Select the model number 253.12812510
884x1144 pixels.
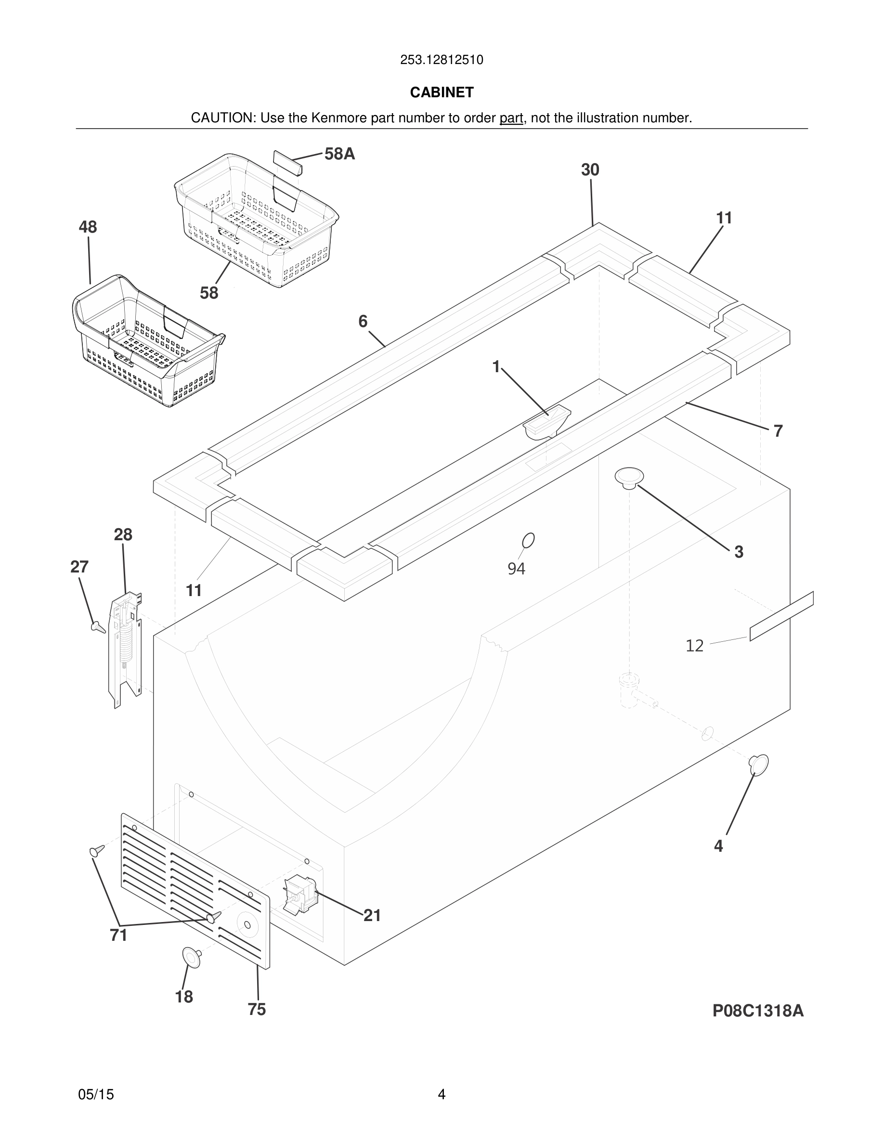(442, 60)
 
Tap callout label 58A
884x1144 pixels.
(339, 154)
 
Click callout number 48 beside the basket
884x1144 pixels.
(88, 227)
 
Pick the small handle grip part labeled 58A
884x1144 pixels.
(287, 162)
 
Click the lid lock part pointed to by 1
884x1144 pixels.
(546, 422)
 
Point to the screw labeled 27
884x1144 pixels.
(97, 626)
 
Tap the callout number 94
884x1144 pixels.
(516, 568)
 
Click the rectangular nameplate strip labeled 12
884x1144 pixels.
(781, 616)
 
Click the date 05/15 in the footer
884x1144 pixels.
(96, 1094)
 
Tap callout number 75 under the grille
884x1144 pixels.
(257, 1009)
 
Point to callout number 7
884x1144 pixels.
(778, 431)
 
